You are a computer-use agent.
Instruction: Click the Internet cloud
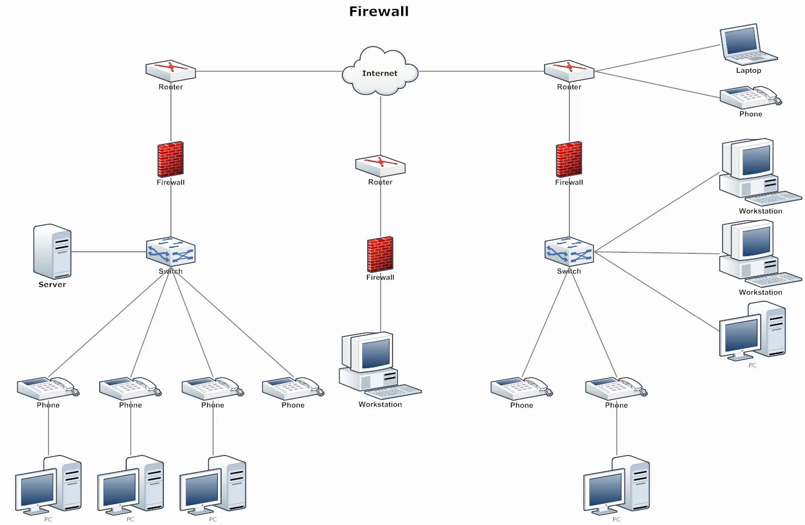point(380,73)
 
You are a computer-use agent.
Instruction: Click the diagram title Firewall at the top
point(379,11)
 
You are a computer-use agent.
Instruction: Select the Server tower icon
point(52,251)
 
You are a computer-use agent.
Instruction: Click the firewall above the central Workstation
point(380,254)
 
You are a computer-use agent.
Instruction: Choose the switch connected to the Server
point(171,252)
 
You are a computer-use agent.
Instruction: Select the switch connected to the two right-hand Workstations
point(569,252)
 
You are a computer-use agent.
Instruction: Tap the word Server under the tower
point(52,285)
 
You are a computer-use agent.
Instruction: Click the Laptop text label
point(748,71)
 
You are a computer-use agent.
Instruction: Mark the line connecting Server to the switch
point(108,252)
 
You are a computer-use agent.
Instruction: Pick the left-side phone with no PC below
point(293,388)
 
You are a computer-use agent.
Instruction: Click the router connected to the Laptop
point(569,71)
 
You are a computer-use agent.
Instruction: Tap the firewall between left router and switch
point(170,160)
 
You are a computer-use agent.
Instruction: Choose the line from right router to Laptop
point(658,58)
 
